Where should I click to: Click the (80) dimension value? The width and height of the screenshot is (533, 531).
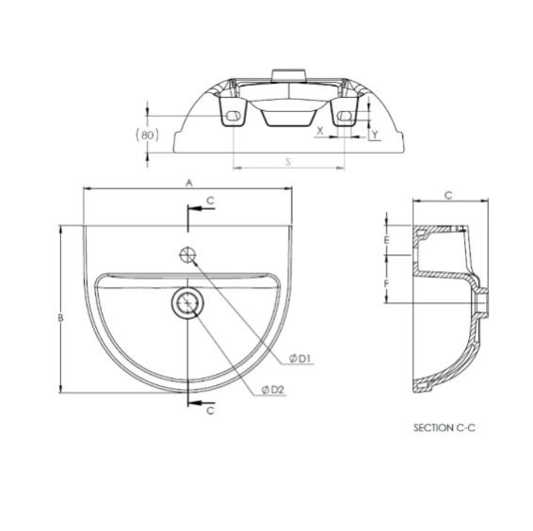point(147,136)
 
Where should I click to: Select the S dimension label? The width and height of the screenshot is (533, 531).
point(288,162)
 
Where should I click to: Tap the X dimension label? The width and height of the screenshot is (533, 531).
point(320,131)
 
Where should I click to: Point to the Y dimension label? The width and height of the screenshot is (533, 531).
point(375,135)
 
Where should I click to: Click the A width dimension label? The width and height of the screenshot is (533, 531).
point(189,184)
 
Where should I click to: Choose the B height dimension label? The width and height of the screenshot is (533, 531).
point(60,318)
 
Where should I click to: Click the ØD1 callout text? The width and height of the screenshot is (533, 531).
point(300,359)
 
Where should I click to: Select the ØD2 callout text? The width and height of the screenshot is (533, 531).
point(273,390)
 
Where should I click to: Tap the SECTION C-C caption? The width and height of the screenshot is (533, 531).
point(444,427)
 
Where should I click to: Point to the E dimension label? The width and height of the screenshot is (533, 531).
point(386,240)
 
